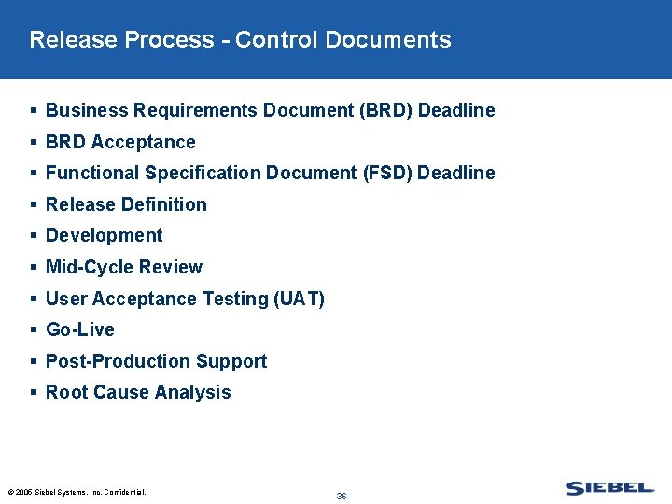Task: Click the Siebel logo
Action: [x=609, y=487]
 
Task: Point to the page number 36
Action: [x=342, y=497]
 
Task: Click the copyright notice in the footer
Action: [x=77, y=492]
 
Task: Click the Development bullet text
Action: [x=104, y=235]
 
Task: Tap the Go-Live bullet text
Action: [x=80, y=329]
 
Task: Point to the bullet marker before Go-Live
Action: [x=34, y=330]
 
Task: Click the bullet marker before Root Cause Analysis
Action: [x=34, y=393]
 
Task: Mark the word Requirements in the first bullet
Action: [x=195, y=110]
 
